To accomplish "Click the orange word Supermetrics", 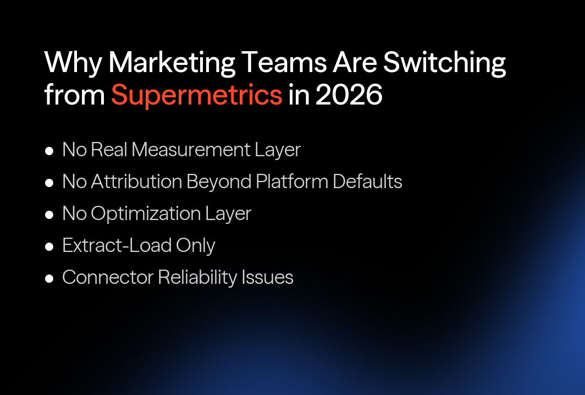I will [196, 95].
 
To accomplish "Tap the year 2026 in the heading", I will [349, 95].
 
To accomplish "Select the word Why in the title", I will [73, 63].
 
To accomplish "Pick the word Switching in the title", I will [444, 63].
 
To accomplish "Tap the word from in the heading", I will [74, 95].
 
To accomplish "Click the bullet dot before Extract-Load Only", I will [49, 246].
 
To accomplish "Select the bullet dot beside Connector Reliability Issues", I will [49, 278].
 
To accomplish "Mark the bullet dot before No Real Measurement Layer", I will [49, 150].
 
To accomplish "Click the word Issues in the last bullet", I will [267, 277].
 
